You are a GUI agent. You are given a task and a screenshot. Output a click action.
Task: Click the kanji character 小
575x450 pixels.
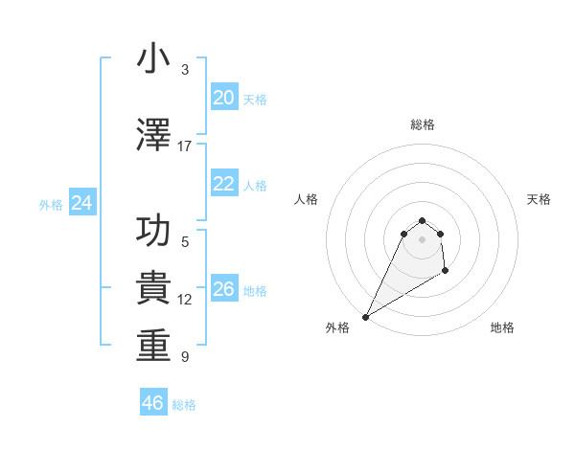pos(153,59)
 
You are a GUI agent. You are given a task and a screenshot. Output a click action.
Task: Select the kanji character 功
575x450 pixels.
pos(153,232)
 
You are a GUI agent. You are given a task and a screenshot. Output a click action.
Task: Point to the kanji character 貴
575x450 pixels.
pos(153,288)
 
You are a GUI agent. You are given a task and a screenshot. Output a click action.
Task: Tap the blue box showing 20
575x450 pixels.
pos(223,98)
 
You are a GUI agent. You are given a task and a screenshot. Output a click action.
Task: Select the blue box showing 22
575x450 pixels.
pos(223,184)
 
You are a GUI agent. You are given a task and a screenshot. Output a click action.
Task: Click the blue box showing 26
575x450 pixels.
pos(223,289)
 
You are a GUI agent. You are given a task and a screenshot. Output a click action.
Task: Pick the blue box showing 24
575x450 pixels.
pos(81,203)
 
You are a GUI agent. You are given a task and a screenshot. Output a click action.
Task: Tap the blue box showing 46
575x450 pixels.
pos(152,403)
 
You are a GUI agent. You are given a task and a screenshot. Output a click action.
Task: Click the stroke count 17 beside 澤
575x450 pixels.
pos(184,146)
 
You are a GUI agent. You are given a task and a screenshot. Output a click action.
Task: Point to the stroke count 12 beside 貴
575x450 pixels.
pos(185,300)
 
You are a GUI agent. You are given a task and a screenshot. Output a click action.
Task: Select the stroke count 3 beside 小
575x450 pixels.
pos(185,70)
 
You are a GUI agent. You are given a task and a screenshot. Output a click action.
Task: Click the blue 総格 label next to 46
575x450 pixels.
pos(184,405)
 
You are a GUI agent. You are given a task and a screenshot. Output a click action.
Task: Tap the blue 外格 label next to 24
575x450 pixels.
pos(51,205)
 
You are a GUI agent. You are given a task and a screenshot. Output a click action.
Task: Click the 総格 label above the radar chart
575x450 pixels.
pos(422,124)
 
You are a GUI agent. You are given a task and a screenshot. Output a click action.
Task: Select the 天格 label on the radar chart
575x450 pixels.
pos(540,199)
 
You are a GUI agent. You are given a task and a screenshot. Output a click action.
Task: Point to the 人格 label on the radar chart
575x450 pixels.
pos(306,199)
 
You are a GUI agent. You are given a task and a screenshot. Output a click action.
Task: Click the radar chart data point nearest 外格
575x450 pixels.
pos(365,317)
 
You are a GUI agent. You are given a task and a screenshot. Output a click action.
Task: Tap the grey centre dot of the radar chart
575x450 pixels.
pos(422,238)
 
